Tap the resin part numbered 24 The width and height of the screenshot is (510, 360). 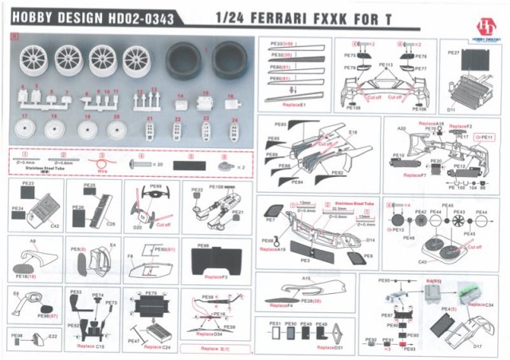coord(234,130)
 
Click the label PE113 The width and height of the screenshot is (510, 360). coord(386,64)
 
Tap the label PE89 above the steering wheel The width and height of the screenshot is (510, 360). coord(155,186)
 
